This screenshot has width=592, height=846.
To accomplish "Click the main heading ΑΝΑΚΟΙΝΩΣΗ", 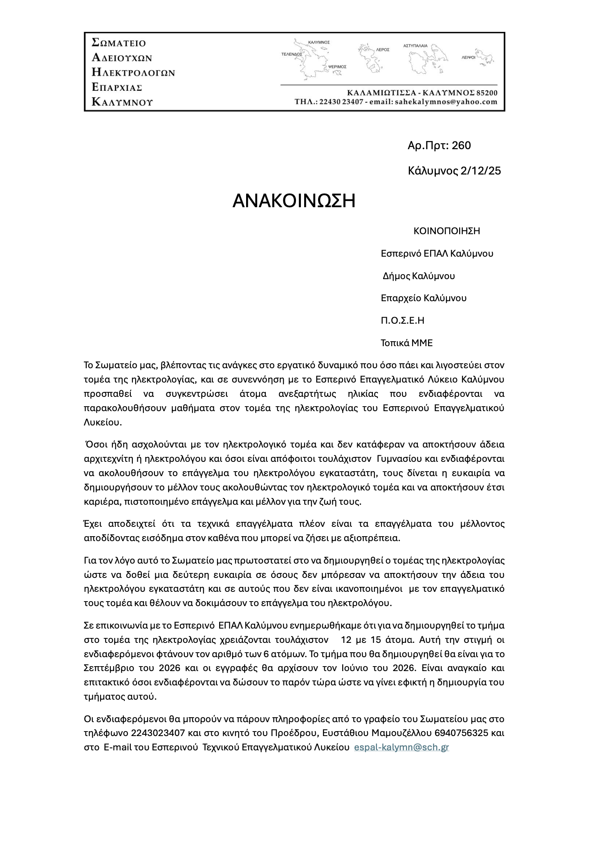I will (x=294, y=201).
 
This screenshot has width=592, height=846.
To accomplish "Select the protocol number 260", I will (x=461, y=145).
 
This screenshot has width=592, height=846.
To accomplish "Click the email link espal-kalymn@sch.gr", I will (x=401, y=747).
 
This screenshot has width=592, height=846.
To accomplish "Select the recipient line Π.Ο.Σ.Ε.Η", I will (x=402, y=320).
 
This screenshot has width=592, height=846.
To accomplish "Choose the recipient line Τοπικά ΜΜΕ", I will (x=406, y=343).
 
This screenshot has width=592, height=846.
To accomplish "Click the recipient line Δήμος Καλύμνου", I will (x=419, y=276).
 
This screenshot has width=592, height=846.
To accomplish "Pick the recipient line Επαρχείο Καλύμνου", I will (x=424, y=298).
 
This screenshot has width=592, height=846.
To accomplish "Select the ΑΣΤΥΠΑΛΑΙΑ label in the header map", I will (x=415, y=46).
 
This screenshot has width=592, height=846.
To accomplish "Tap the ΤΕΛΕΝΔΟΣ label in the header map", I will (x=292, y=54).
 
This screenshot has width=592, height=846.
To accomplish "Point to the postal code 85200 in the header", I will (x=486, y=94).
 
